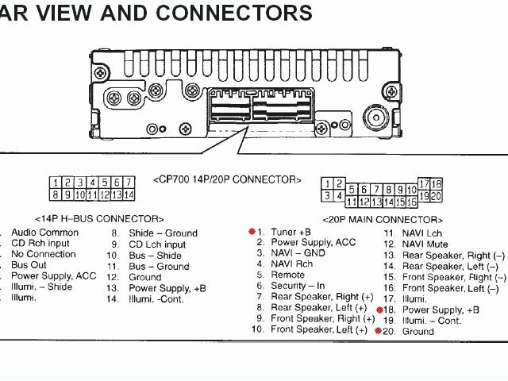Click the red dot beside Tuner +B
tap(252, 232)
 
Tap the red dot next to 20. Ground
tap(379, 330)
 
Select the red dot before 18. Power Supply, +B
tap(379, 310)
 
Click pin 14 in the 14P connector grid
tap(129, 194)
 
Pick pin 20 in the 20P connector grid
tap(436, 196)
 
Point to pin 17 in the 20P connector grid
tap(424, 184)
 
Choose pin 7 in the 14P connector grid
tap(129, 183)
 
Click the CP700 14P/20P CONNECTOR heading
tap(228, 180)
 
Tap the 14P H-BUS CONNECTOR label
tap(99, 218)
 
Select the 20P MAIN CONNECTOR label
tap(382, 219)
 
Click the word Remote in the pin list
tap(287, 275)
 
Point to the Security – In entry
tap(298, 286)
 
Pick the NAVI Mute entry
tap(425, 244)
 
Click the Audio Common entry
tap(44, 233)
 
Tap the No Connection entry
tap(44, 254)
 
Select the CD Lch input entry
tap(157, 244)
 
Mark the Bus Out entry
tap(29, 265)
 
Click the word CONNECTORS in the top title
tap(235, 13)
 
